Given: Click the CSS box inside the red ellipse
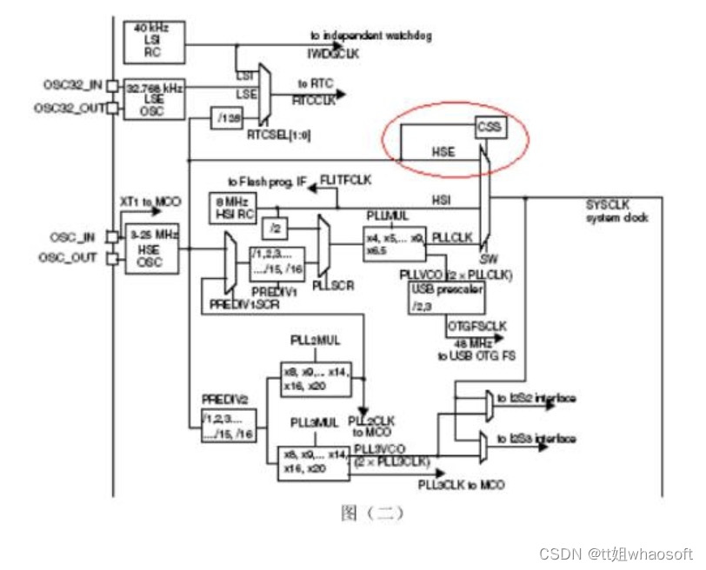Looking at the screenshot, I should tap(490, 128).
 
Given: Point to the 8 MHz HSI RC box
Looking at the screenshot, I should tap(230, 208).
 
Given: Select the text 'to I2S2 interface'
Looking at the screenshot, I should tap(536, 398).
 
